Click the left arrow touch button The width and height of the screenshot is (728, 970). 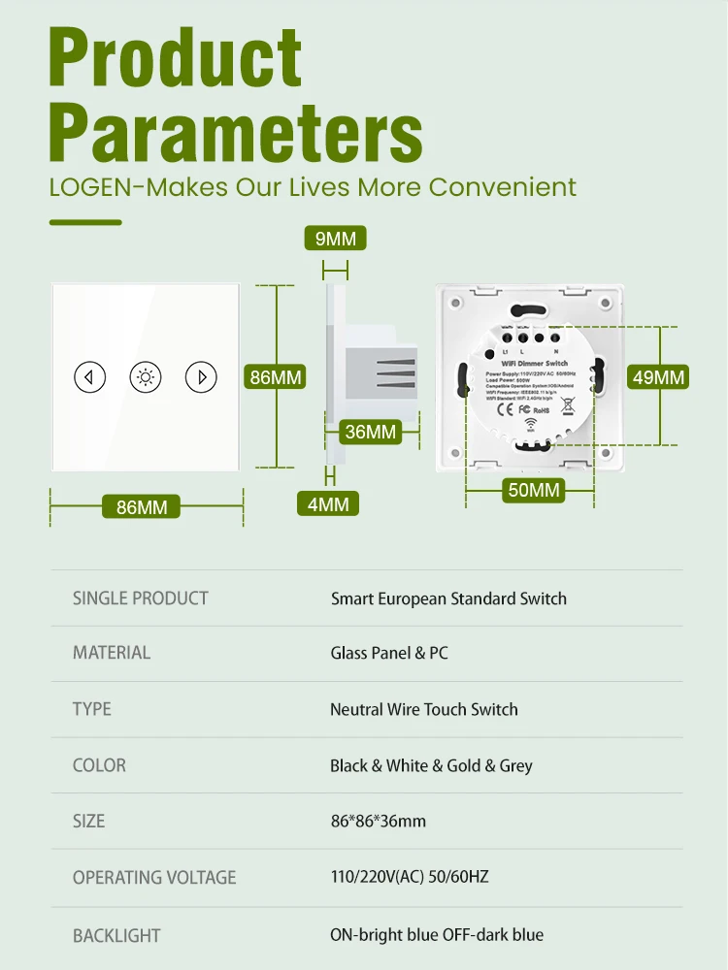[x=89, y=376]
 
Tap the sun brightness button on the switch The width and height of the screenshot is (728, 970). [x=146, y=376]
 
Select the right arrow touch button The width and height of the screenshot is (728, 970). [x=202, y=376]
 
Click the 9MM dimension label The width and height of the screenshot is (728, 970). [x=335, y=239]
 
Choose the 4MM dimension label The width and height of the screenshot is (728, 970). [x=328, y=504]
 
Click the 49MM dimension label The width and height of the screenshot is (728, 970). [x=659, y=376]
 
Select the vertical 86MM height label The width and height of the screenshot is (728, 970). [x=276, y=377]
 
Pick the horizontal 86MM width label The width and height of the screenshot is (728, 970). [x=142, y=506]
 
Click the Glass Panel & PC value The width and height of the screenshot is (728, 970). [x=389, y=653]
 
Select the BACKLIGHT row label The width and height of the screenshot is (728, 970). [x=116, y=936]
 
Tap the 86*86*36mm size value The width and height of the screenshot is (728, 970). [x=378, y=822]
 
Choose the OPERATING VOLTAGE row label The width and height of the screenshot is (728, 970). [x=154, y=878]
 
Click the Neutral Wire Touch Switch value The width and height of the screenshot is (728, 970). [x=424, y=709]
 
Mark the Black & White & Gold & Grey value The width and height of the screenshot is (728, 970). [x=431, y=765]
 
